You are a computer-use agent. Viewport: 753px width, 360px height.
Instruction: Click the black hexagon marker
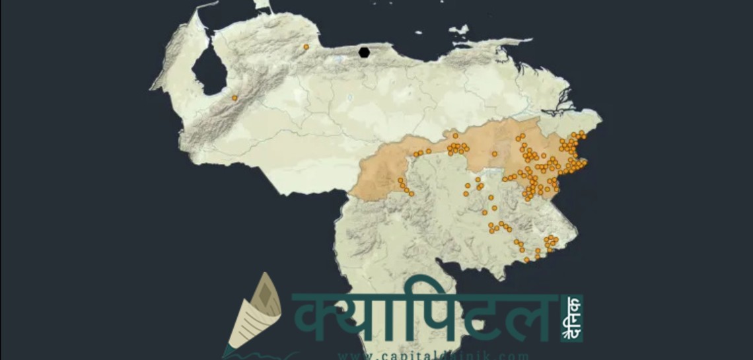(364, 52)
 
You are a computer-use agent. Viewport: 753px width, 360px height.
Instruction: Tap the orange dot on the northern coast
(306, 47)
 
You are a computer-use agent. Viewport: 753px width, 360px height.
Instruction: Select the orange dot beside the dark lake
(234, 98)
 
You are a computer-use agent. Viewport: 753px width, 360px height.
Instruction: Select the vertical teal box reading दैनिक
(573, 318)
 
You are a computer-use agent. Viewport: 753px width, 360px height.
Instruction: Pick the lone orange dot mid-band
(494, 154)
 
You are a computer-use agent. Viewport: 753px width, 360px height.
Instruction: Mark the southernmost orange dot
(526, 260)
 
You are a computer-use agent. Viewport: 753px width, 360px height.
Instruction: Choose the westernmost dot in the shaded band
(400, 180)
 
